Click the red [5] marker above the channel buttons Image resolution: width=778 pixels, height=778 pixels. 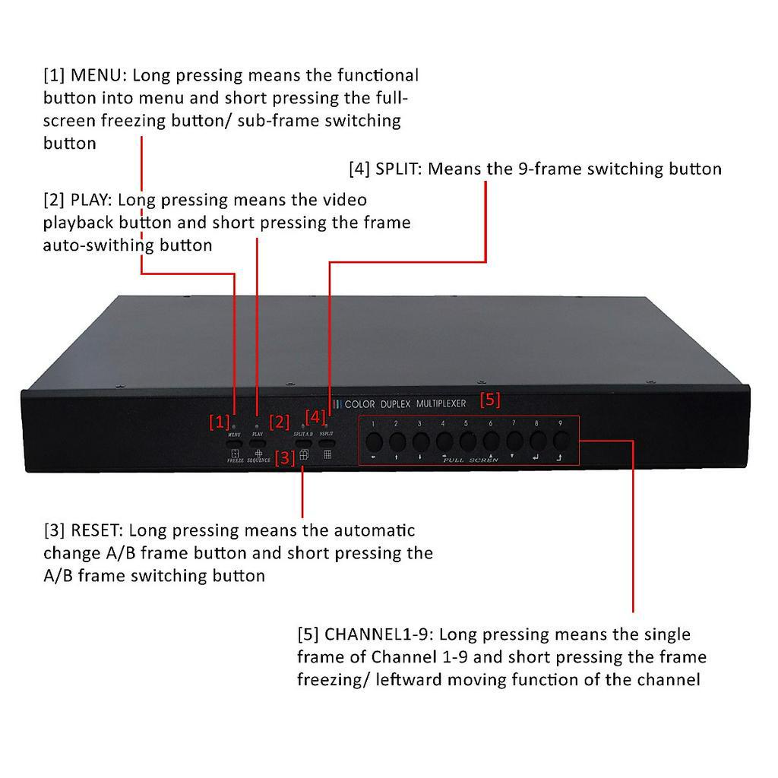click(490, 400)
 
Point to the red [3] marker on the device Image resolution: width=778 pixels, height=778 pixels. click(284, 457)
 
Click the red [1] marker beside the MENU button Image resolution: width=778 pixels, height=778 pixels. click(219, 421)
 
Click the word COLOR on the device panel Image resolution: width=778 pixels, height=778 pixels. click(359, 404)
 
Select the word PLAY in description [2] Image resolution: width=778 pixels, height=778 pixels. click(89, 201)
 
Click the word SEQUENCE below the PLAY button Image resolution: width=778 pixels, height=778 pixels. click(258, 461)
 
